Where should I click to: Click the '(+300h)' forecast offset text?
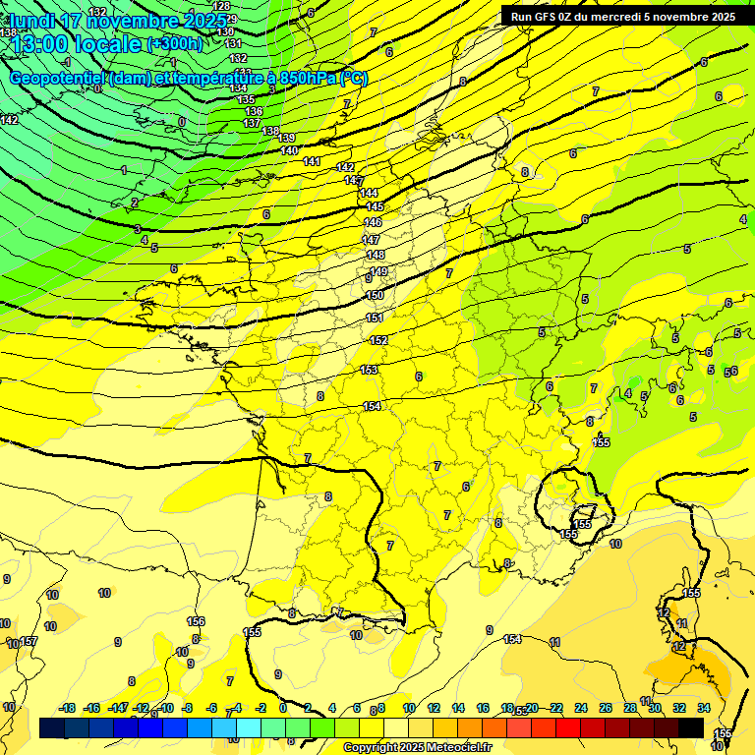(176, 44)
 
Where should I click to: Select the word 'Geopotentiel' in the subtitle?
(60, 79)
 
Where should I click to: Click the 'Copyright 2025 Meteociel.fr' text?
(418, 748)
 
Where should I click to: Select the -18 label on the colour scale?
(67, 708)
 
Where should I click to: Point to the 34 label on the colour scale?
(704, 708)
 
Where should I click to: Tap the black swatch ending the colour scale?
(691, 727)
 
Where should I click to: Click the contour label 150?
(375, 295)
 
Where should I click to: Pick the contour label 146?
(373, 223)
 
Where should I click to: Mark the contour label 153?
(369, 370)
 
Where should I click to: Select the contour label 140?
(289, 150)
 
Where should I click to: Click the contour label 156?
(196, 621)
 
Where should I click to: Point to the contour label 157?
(29, 642)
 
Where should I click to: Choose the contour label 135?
(246, 100)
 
